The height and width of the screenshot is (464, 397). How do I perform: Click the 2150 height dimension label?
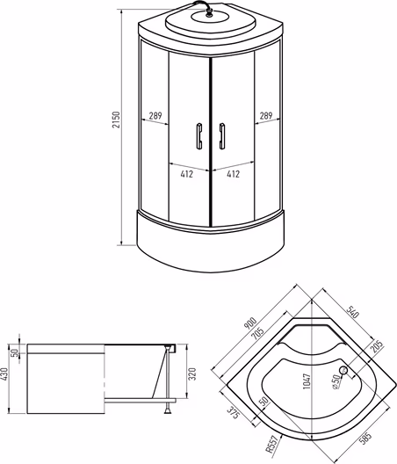point(117,120)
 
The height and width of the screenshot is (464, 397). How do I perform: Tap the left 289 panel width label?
point(155,115)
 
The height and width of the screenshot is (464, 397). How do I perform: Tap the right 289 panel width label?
point(266,115)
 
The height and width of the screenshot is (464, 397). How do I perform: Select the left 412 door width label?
point(187,174)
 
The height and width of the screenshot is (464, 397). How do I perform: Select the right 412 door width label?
point(234,174)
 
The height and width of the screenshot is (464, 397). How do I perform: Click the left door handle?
point(198,136)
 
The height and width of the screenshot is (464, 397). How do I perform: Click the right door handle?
point(222,136)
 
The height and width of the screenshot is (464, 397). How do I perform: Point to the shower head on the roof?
point(209,13)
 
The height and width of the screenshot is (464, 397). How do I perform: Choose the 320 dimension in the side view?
point(192,374)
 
